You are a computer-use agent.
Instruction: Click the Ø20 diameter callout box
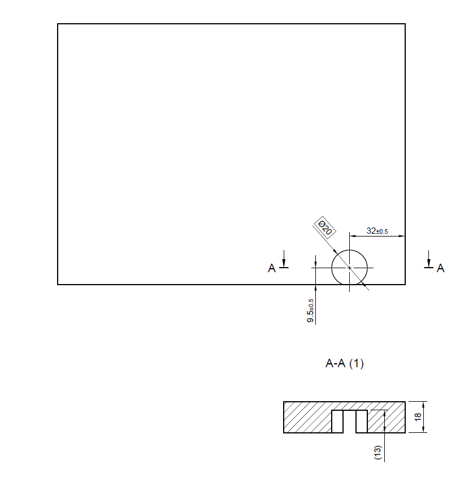pyautogui.click(x=324, y=227)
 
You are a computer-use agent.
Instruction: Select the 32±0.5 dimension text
pyautogui.click(x=377, y=231)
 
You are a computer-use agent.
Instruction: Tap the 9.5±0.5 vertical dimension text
pyautogui.click(x=310, y=310)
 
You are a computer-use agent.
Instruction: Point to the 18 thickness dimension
pyautogui.click(x=418, y=417)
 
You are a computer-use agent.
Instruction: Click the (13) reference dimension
pyautogui.click(x=377, y=452)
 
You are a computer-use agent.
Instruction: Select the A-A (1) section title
pyautogui.click(x=344, y=363)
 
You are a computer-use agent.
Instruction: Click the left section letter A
pyautogui.click(x=272, y=268)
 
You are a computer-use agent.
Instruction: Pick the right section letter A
pyautogui.click(x=441, y=268)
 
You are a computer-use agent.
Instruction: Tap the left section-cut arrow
pyautogui.click(x=284, y=259)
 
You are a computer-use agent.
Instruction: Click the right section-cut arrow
pyautogui.click(x=429, y=259)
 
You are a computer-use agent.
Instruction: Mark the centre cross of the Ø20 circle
pyautogui.click(x=349, y=268)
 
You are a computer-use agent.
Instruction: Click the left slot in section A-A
pyautogui.click(x=337, y=422)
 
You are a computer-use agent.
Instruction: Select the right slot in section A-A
pyautogui.click(x=362, y=422)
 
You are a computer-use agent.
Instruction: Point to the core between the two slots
pyautogui.click(x=349, y=422)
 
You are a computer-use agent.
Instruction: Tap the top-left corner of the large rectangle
pyautogui.click(x=58, y=24)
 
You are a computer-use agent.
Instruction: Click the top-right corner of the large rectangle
pyautogui.click(x=405, y=24)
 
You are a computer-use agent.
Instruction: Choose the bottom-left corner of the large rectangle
pyautogui.click(x=58, y=285)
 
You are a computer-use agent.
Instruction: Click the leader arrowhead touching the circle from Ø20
pyautogui.click(x=334, y=251)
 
